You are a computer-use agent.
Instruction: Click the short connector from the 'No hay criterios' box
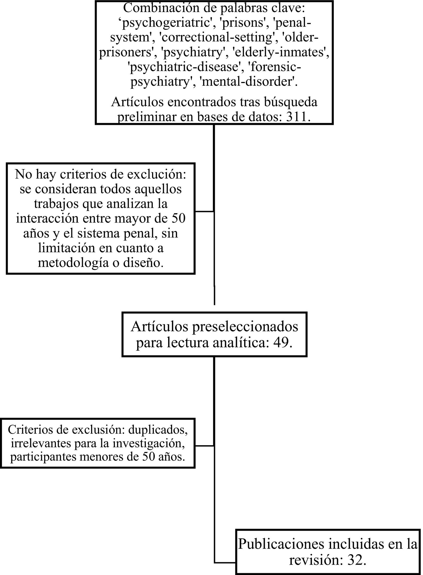[x=204, y=212]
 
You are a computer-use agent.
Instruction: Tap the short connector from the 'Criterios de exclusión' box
[x=204, y=446]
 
